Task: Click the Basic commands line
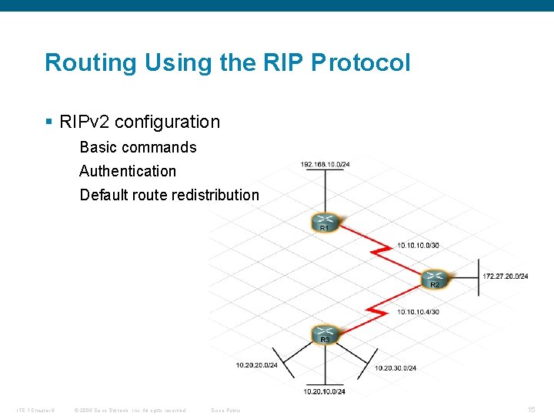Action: click(138, 147)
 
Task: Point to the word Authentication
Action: click(128, 171)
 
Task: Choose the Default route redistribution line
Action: click(169, 195)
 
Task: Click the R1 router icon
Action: click(325, 222)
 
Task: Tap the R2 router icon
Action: click(435, 278)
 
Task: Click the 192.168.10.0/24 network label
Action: click(325, 164)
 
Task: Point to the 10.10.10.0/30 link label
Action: click(418, 246)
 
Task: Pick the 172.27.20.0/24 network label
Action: click(506, 276)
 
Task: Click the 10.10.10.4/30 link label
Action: click(418, 312)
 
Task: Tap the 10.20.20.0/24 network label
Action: click(257, 365)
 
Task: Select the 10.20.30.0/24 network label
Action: click(395, 368)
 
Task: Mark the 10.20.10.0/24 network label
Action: click(324, 391)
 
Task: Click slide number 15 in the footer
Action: click(531, 409)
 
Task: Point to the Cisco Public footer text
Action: click(225, 410)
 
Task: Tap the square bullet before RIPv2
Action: click(48, 122)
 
